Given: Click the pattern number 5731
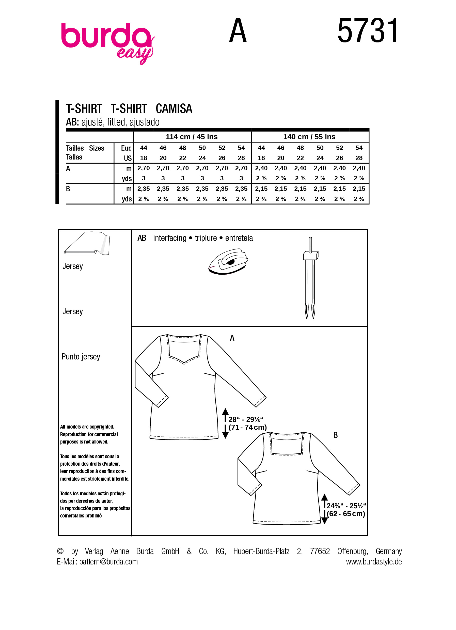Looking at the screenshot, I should pos(368,31).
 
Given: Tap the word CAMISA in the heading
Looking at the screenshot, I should pos(174,109).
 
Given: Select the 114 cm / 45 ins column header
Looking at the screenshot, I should pos(192,137).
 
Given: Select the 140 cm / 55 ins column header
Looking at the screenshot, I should pos(309,137).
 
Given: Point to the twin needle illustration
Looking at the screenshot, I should pos(310,278).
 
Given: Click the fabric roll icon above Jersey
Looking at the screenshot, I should pos(87,244).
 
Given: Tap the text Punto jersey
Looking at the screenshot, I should pos(81,357).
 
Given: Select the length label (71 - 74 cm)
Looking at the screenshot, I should pos(247,428).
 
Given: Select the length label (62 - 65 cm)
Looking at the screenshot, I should pos(346,514).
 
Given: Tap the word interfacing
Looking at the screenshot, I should pos(170,238).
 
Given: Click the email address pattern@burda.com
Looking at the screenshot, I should pos(108,562).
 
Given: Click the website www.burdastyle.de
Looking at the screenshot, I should pos(374,562).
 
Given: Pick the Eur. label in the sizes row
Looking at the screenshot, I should pos(126,148).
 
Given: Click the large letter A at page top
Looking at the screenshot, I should pos(238,31).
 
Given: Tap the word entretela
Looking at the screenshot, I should pos(239,238).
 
